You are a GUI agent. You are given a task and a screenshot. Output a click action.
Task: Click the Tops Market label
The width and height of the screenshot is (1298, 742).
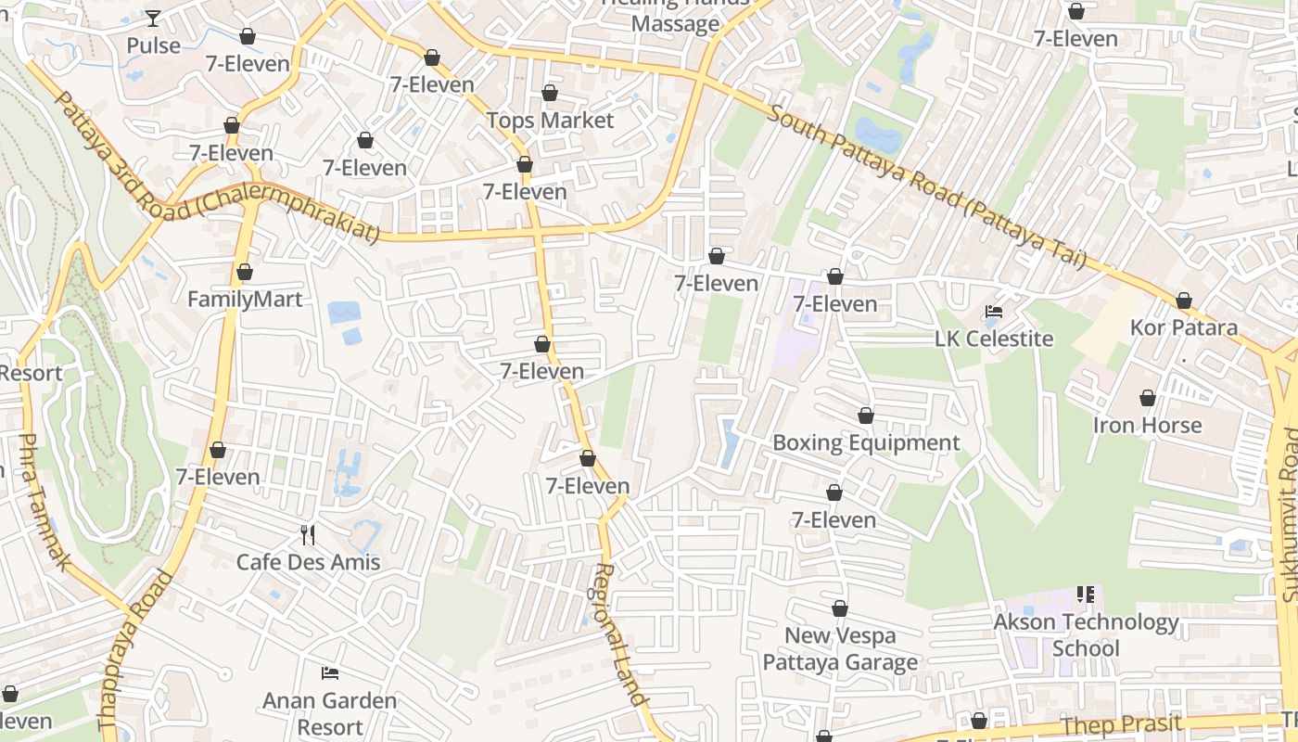pyautogui.click(x=550, y=121)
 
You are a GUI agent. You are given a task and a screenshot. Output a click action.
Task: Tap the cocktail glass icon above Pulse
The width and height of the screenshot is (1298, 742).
pyautogui.click(x=153, y=18)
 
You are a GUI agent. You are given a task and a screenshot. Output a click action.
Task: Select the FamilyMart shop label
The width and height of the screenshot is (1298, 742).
pyautogui.click(x=245, y=300)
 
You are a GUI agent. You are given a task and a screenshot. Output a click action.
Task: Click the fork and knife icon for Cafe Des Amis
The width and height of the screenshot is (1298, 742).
pyautogui.click(x=308, y=534)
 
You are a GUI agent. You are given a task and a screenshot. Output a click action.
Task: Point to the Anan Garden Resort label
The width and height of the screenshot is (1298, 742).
pyautogui.click(x=329, y=713)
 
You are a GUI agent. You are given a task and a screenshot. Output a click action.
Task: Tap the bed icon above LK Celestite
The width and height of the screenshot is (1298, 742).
pyautogui.click(x=994, y=311)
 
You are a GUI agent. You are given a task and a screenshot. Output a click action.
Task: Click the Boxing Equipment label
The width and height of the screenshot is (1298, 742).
pyautogui.click(x=866, y=443)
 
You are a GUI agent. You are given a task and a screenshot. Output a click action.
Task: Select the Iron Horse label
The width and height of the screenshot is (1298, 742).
pyautogui.click(x=1147, y=426)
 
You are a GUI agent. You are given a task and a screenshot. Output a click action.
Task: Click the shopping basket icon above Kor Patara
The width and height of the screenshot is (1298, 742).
pyautogui.click(x=1183, y=301)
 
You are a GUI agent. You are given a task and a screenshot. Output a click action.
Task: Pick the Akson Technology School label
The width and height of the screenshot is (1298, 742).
pyautogui.click(x=1086, y=634)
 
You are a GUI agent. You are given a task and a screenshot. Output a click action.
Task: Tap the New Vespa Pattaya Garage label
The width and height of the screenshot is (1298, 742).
pyautogui.click(x=840, y=648)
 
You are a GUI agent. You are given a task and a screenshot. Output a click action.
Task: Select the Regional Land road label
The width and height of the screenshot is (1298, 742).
pyautogui.click(x=619, y=634)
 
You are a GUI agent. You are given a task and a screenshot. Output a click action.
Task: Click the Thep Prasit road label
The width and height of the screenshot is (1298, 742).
pyautogui.click(x=1121, y=724)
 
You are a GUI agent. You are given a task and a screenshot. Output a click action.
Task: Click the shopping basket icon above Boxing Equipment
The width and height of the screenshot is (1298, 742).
pyautogui.click(x=865, y=416)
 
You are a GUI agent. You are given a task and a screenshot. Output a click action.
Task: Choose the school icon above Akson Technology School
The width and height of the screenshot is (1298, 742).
pyautogui.click(x=1086, y=594)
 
